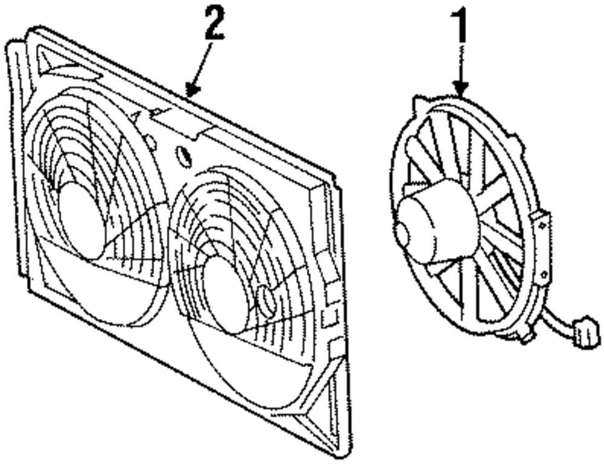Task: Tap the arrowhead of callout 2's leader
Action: pos(190,94)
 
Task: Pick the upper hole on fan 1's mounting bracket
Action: pos(542,225)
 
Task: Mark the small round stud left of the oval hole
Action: pos(150,143)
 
